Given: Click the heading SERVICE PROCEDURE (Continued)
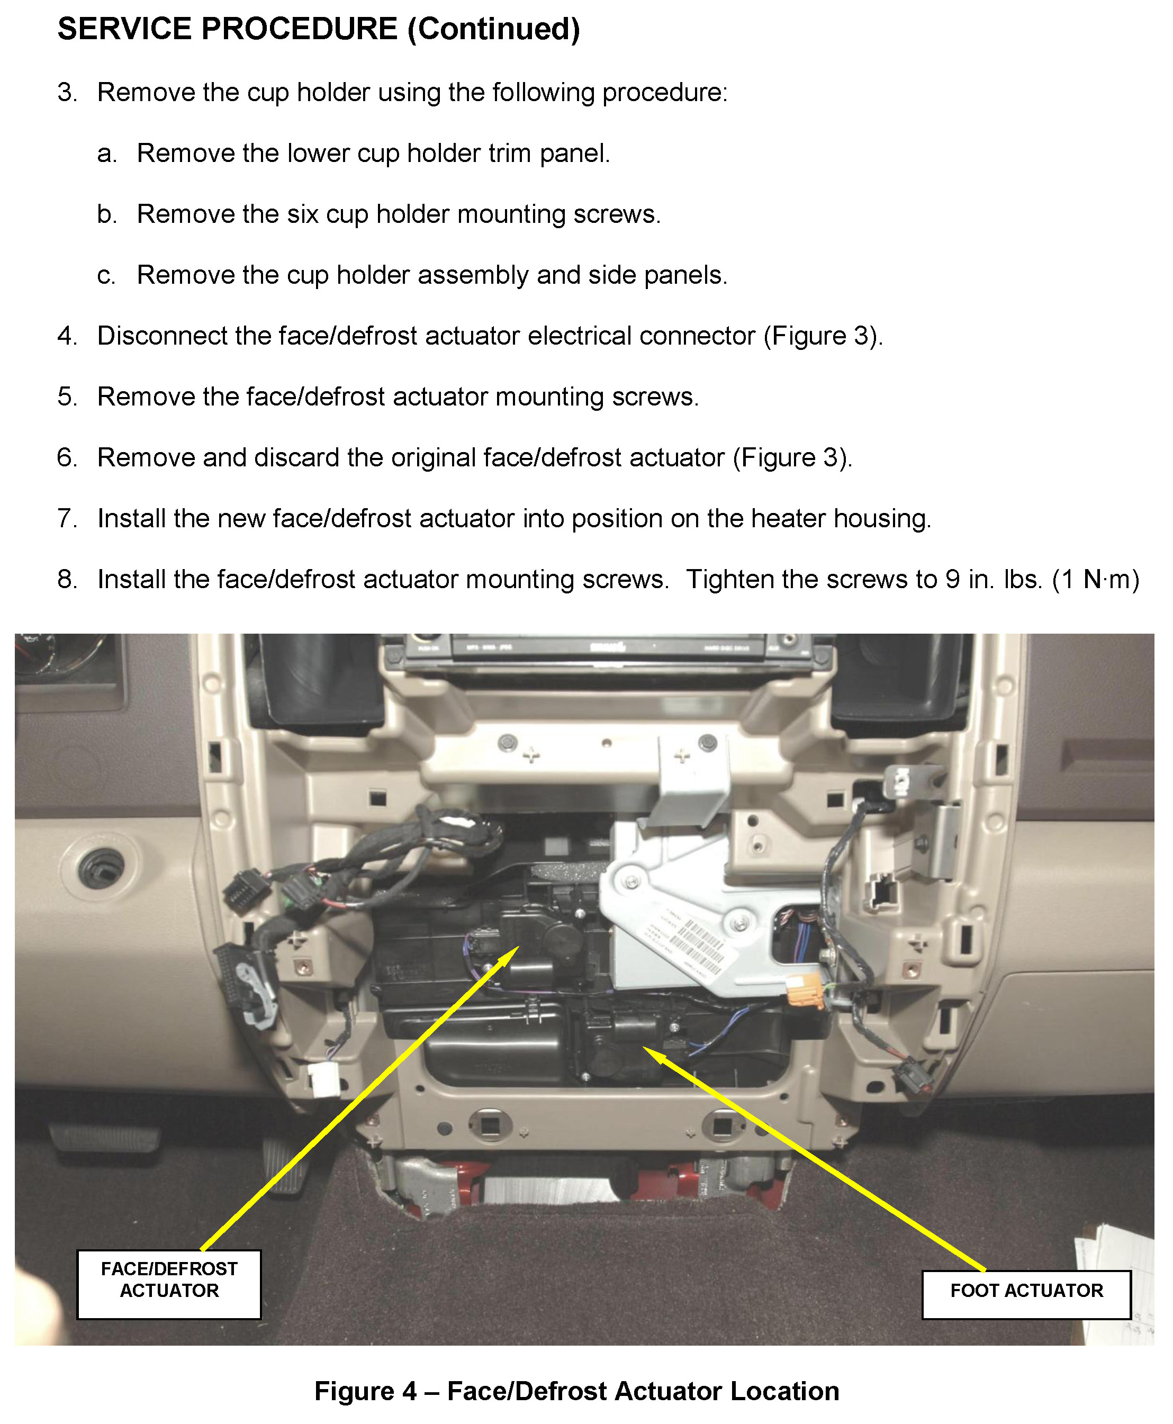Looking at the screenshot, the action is pyautogui.click(x=318, y=29).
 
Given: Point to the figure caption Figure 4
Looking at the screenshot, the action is pyautogui.click(x=576, y=1391).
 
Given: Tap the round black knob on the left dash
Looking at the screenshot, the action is pyautogui.click(x=101, y=869).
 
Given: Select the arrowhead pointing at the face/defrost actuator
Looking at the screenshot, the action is pyautogui.click(x=510, y=953).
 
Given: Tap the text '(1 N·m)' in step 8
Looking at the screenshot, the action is pyautogui.click(x=1095, y=579).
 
